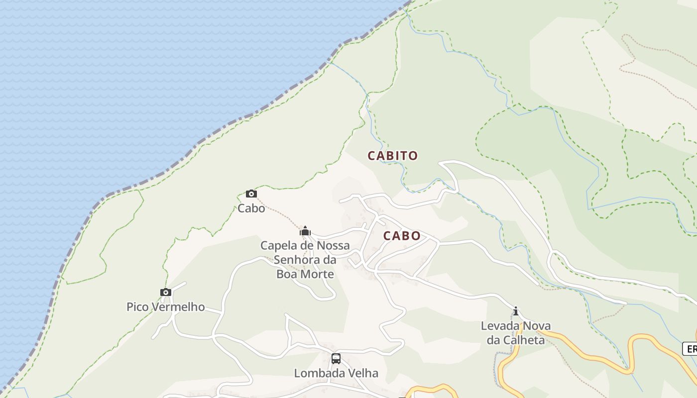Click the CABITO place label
(x=393, y=156)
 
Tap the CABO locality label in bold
(x=402, y=236)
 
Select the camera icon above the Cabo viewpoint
(x=251, y=194)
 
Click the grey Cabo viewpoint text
(x=251, y=208)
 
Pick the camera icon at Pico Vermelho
(x=166, y=292)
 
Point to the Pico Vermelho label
(x=166, y=306)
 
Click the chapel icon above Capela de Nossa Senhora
(x=305, y=231)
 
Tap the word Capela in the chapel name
(x=278, y=245)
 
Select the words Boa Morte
(x=305, y=274)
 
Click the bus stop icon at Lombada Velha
(x=336, y=358)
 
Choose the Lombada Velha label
(x=336, y=373)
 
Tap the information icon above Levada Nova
(x=516, y=311)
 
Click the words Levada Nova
(x=516, y=326)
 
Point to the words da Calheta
(x=516, y=340)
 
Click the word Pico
(x=137, y=306)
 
